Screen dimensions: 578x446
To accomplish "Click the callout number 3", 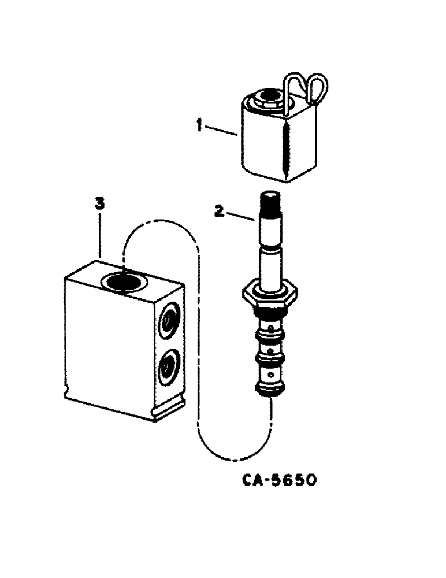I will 99,203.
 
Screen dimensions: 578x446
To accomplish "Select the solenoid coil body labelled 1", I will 263,144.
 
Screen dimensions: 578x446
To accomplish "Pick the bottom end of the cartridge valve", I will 269,389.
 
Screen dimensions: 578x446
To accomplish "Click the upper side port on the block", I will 170,318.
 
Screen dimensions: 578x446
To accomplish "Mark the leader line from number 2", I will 238,216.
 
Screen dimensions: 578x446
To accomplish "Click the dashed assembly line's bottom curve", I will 231,457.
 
